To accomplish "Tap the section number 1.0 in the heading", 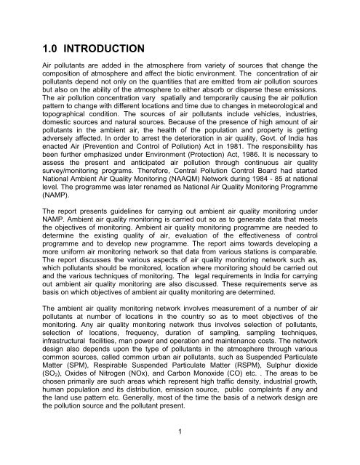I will click(x=36, y=49).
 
